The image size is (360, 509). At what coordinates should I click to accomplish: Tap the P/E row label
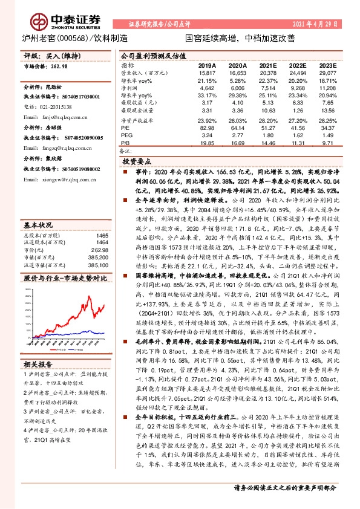126,129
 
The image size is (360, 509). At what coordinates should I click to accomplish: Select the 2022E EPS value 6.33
296,102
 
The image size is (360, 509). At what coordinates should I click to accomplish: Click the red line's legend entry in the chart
57,349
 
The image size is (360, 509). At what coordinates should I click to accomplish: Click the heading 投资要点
137,162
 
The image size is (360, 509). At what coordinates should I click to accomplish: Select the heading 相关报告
39,365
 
